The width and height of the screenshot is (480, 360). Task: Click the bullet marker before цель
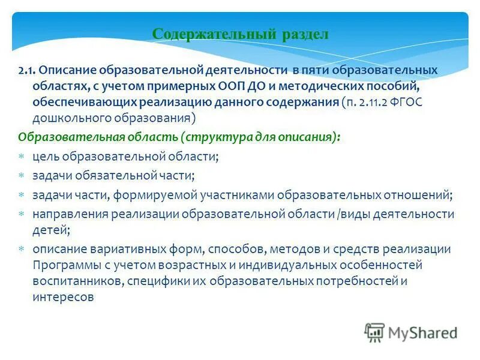click(x=21, y=157)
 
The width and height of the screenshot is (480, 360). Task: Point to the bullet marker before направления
click(x=21, y=214)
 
